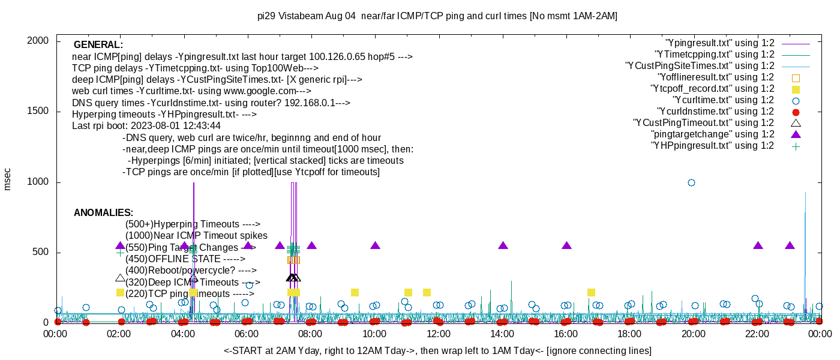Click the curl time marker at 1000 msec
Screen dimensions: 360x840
691,182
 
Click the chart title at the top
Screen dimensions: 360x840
437,16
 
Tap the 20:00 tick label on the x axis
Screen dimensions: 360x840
692,335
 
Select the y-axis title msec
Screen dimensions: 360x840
8,179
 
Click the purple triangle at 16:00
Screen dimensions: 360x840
566,245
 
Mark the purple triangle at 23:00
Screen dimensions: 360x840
790,245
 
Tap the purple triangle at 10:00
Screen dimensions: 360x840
376,245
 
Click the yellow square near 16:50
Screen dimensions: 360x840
591,292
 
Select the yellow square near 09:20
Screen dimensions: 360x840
355,292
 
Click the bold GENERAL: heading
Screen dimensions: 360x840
98,45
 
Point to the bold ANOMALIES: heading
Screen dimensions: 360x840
103,213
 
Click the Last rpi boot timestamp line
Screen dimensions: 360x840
146,126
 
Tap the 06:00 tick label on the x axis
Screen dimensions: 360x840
247,335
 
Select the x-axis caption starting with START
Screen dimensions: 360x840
437,350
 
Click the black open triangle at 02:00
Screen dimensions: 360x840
120,278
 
